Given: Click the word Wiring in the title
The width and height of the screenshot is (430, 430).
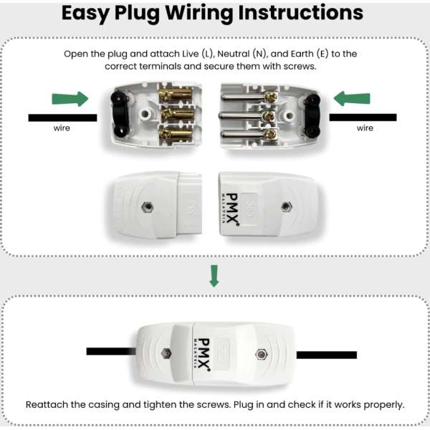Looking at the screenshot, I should point(204,14).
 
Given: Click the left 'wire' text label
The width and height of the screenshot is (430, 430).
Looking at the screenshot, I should point(62,129).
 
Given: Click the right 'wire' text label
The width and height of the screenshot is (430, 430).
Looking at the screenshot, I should point(365,129).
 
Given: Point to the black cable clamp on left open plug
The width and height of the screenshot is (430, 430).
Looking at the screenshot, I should point(117,115).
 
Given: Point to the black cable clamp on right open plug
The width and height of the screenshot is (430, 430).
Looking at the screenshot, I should point(312,115).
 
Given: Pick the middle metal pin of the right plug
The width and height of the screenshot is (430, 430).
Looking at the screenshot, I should point(244,115).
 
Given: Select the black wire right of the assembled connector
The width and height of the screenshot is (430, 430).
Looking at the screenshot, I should point(326,355).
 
